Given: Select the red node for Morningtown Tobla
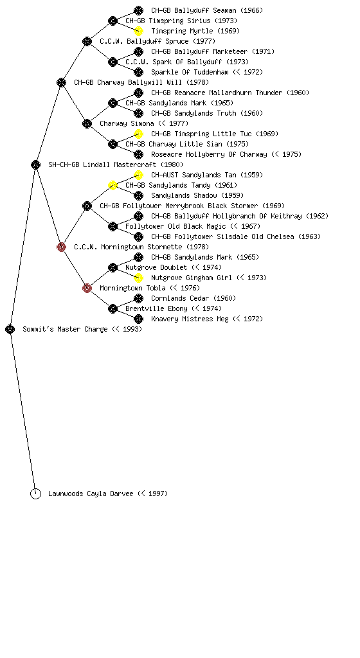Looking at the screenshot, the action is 87,288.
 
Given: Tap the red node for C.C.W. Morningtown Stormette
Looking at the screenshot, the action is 61,247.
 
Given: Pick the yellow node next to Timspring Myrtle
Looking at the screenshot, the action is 138,31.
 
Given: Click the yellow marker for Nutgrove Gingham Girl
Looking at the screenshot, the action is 138,278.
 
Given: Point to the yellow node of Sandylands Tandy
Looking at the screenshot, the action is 113,185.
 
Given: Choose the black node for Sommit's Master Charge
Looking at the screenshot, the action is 10,329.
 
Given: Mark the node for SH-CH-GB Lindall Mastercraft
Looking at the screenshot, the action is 35,164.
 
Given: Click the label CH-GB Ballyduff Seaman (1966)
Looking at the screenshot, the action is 207,10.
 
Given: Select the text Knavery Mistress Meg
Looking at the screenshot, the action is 190,319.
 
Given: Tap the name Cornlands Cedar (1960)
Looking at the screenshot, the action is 194,298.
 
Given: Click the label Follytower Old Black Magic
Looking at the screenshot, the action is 175,226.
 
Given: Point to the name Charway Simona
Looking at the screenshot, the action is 127,123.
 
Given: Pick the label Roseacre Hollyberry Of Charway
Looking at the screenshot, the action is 209,154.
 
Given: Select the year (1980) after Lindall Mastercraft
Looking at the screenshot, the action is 172,164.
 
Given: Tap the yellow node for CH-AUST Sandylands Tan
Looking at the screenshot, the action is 138,175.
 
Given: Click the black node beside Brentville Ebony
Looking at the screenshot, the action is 113,308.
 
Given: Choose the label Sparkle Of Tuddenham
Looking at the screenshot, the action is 190,72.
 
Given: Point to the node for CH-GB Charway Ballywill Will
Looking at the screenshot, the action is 61,82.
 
